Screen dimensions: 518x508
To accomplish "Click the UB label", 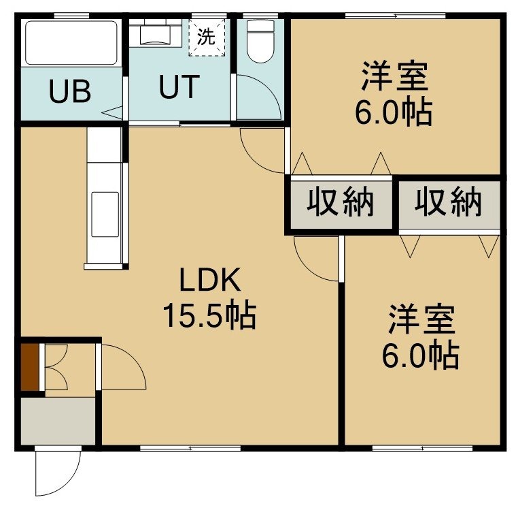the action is (70, 91).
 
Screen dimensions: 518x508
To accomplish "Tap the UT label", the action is (179, 86).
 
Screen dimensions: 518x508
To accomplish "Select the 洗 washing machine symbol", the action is (207, 37).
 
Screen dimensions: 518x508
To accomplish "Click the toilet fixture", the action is (261, 42).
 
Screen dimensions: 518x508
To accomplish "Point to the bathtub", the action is (71, 43).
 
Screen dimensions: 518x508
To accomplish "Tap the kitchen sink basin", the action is (105, 215).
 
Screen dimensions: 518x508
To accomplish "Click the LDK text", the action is (210, 280).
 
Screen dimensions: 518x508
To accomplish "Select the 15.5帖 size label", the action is (209, 315).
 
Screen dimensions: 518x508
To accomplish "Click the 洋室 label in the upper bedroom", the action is (395, 76).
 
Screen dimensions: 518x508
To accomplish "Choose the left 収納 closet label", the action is (341, 202).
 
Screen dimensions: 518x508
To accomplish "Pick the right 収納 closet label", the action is (449, 202).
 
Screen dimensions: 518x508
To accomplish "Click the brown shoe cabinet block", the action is (30, 367).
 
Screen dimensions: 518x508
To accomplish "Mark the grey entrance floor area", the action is (58, 421).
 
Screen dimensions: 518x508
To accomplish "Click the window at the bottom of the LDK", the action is (190, 448).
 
